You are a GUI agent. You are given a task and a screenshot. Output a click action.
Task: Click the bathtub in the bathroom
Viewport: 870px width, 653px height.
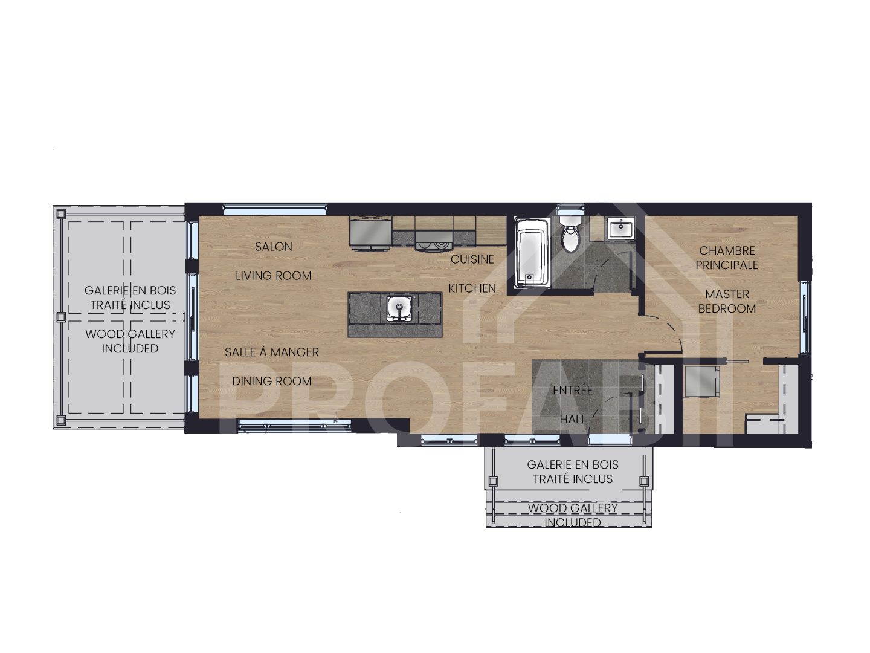pyautogui.click(x=532, y=252)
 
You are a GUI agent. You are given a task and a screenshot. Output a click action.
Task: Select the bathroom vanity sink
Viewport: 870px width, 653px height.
pyautogui.click(x=620, y=229)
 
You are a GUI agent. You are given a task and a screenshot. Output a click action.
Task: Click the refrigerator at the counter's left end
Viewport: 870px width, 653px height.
pyautogui.click(x=370, y=232)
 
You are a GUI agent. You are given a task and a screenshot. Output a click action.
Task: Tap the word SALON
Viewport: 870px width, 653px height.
pyautogui.click(x=273, y=247)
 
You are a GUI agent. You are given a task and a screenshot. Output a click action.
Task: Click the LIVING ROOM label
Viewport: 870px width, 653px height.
pyautogui.click(x=273, y=276)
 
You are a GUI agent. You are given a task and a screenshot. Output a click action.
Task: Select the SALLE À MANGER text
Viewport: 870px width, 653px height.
pyautogui.click(x=271, y=352)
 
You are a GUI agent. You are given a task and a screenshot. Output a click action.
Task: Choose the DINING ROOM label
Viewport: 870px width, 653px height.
pyautogui.click(x=271, y=381)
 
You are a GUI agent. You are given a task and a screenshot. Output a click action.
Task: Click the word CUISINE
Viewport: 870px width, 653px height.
pyautogui.click(x=472, y=259)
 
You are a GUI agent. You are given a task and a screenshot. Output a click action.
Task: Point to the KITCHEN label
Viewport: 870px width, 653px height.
pyautogui.click(x=472, y=288)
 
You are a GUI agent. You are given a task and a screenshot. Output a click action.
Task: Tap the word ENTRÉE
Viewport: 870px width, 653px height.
pyautogui.click(x=573, y=391)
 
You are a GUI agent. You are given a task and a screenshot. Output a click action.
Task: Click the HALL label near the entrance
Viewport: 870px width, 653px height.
pyautogui.click(x=573, y=419)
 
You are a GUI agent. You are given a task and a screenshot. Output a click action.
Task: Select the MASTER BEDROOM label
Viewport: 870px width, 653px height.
pyautogui.click(x=727, y=301)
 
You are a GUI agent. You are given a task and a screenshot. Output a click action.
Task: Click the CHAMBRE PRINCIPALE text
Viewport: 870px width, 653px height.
pyautogui.click(x=727, y=258)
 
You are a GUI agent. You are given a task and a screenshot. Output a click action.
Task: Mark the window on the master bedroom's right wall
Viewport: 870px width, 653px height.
pyautogui.click(x=804, y=317)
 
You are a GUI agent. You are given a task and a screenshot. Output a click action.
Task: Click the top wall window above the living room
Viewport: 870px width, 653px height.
pyautogui.click(x=275, y=210)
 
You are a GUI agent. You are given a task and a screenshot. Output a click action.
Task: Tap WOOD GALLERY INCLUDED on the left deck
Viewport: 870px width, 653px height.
pyautogui.click(x=130, y=341)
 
